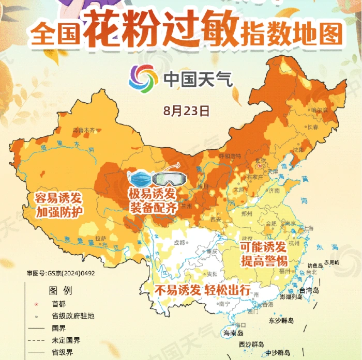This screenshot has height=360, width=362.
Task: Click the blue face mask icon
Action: [x=140, y=179]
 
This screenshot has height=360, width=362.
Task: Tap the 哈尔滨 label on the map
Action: [x=318, y=110]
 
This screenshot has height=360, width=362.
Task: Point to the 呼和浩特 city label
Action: [x=230, y=155]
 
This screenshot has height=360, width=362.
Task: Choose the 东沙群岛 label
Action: [x=281, y=321]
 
